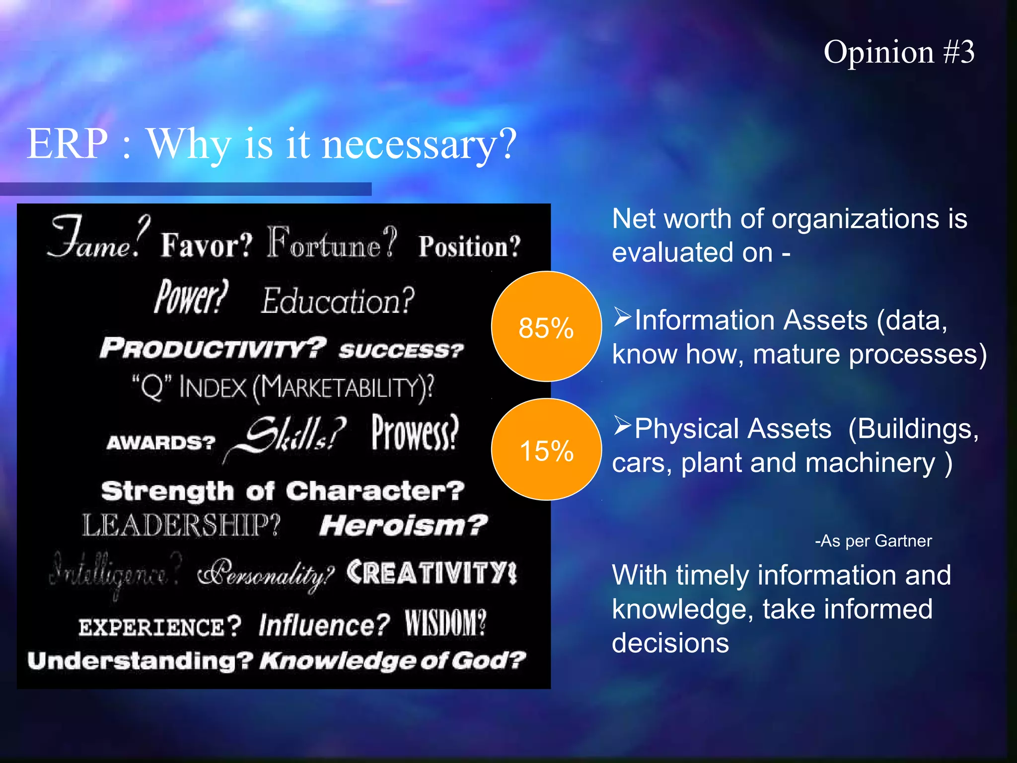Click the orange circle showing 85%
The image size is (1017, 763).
(x=546, y=326)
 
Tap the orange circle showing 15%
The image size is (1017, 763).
(x=546, y=449)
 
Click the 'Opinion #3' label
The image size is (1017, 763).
(x=899, y=52)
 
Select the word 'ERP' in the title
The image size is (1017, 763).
(x=67, y=144)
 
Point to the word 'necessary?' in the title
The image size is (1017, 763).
(x=420, y=145)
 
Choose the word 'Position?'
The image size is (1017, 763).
(x=469, y=246)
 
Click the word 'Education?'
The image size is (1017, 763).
(x=338, y=301)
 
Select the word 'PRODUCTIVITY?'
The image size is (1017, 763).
(x=213, y=347)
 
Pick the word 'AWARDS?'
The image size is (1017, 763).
(x=161, y=442)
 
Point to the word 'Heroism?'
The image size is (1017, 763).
(x=403, y=525)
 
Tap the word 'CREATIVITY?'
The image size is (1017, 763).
(x=432, y=573)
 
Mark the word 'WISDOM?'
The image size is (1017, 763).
(x=445, y=623)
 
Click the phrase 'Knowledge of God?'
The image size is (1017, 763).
(x=393, y=661)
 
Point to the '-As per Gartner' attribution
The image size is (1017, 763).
(x=873, y=540)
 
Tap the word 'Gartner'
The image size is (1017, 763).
(x=903, y=540)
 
